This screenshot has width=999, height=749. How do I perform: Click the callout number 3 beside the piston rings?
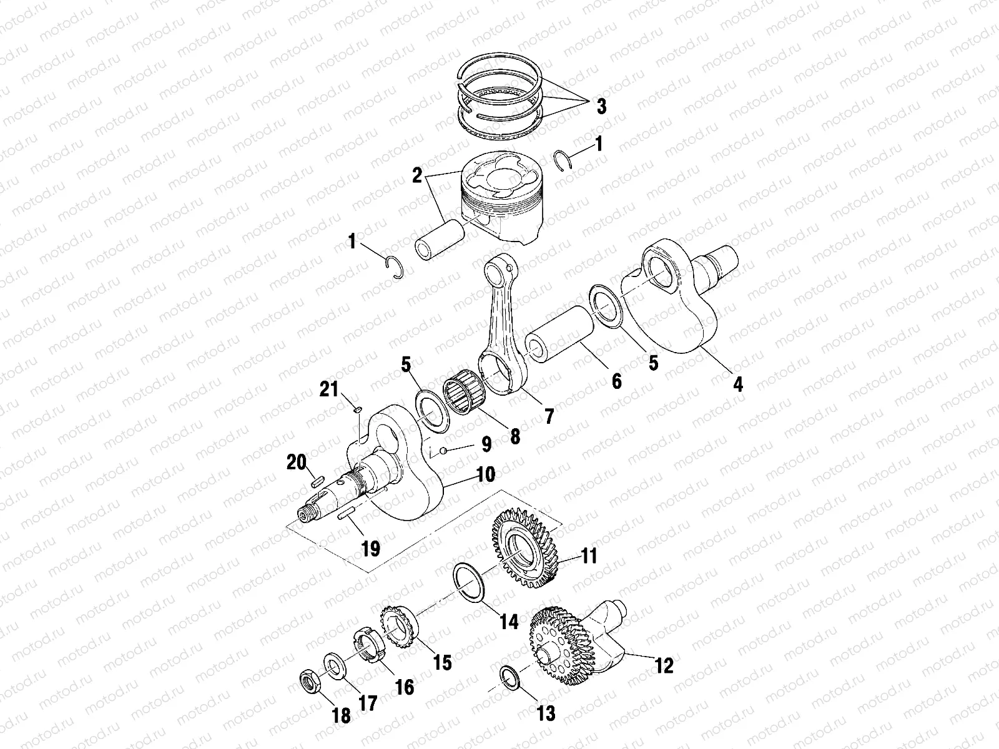[601, 106]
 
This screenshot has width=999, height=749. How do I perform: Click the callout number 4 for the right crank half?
[738, 383]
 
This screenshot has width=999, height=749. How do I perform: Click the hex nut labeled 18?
[310, 680]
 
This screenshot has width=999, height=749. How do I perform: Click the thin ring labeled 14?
[473, 581]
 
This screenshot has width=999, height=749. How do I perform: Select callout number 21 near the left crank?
[329, 390]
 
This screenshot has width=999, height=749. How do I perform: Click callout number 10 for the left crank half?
[485, 475]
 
